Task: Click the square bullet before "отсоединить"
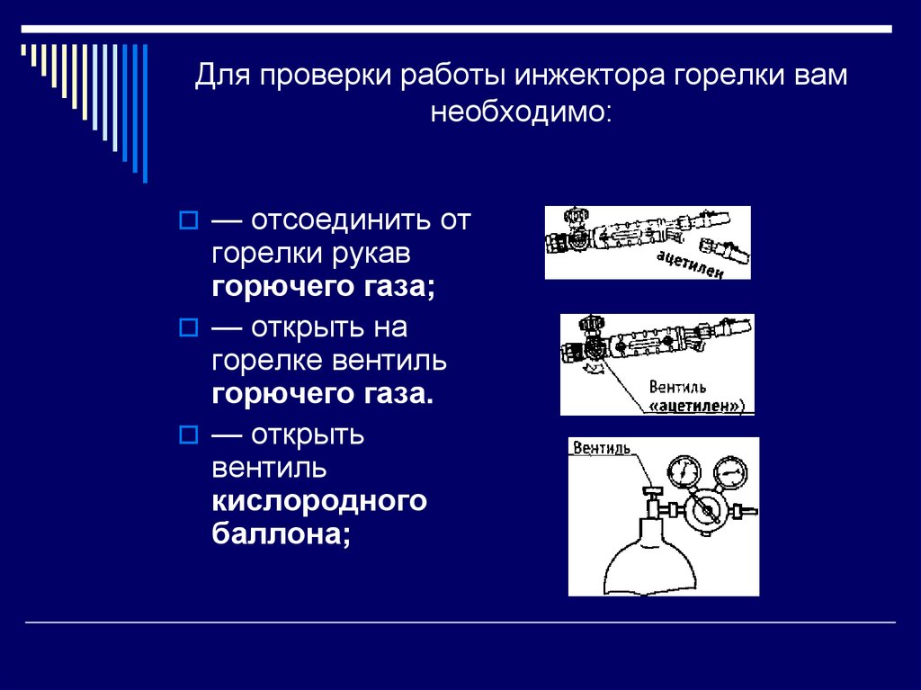[188, 220]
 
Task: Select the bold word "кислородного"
[319, 501]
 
